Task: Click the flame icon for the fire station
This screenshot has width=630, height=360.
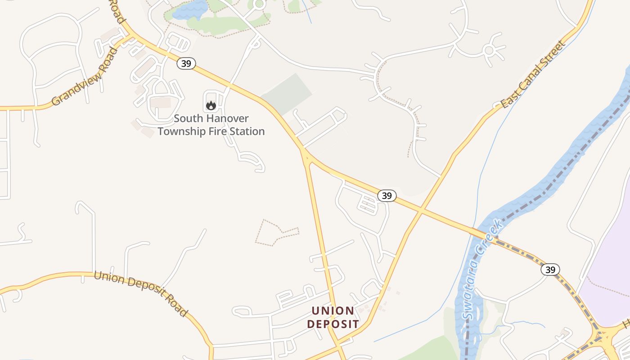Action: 211,106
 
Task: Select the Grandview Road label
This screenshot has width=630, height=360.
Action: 85,76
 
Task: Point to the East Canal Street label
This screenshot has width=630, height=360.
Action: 533,74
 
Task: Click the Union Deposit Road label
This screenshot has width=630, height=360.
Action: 140,293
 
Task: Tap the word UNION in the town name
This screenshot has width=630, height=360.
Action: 333,311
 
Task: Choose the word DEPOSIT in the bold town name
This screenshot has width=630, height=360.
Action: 333,324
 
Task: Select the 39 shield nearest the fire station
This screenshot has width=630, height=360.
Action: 186,63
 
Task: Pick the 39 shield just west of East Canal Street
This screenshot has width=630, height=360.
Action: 387,196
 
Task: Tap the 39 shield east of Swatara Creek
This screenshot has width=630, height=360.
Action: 550,270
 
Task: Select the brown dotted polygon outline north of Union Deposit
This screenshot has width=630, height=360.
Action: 275,232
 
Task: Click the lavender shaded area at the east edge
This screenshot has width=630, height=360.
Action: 607,270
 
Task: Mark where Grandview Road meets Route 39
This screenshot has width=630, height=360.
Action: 130,35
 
